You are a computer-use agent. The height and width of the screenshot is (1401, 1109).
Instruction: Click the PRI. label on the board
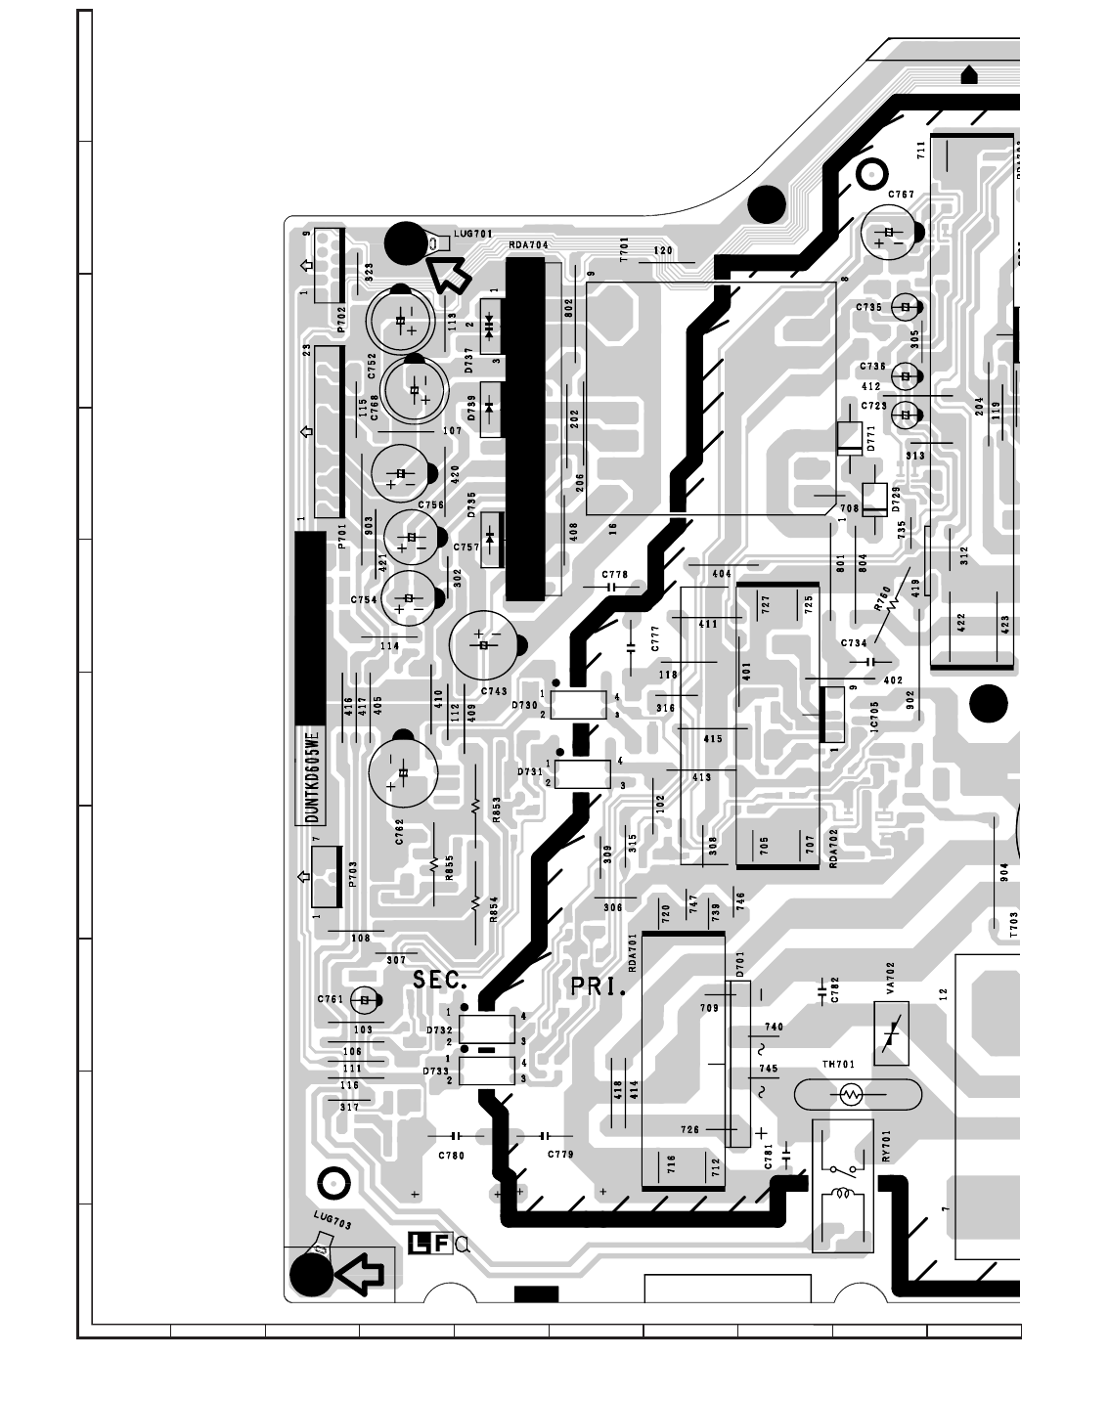click(x=598, y=987)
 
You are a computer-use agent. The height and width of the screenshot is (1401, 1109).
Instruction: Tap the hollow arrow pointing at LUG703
click(x=359, y=1273)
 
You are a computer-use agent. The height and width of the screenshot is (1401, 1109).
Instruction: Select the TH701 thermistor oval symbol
click(x=857, y=1094)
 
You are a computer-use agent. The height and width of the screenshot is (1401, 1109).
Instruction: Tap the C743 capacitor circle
click(x=483, y=644)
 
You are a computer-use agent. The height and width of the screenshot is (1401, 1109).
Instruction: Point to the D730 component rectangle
click(x=579, y=705)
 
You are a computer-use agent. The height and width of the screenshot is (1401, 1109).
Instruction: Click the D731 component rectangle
click(x=583, y=772)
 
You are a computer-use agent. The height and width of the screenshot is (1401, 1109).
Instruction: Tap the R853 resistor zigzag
click(x=475, y=806)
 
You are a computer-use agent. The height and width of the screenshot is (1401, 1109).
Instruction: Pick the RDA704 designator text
click(x=528, y=244)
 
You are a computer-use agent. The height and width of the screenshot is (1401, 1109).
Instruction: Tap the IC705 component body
click(x=833, y=715)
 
